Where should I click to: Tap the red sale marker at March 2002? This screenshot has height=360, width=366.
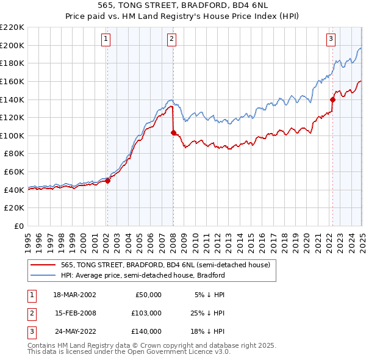coord(107,181)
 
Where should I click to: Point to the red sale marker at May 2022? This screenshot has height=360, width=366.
coord(332,99)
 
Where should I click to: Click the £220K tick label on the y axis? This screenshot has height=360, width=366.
coord(12,27)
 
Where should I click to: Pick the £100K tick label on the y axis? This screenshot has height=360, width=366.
coord(12,135)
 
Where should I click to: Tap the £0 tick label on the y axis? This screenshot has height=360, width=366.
coord(18,226)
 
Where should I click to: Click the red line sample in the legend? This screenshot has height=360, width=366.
coord(43,264)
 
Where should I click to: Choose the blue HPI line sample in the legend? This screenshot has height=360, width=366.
coord(43,275)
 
